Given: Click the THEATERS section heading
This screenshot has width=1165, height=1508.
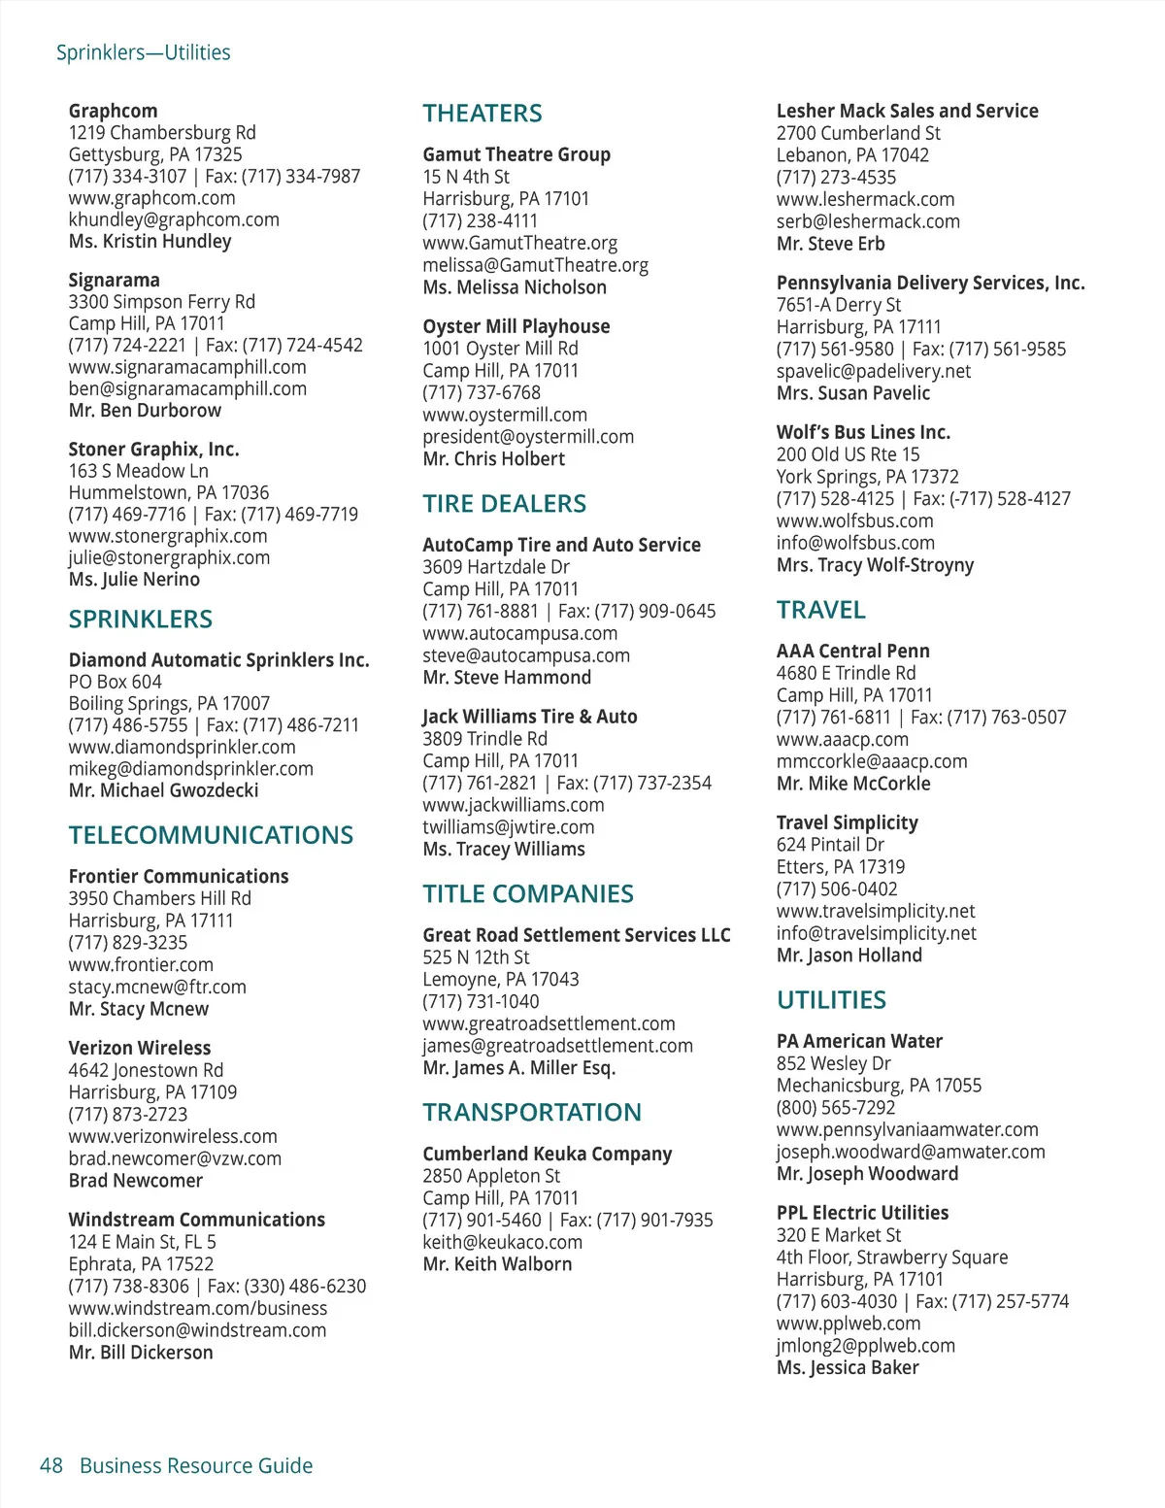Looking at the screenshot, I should click(483, 114).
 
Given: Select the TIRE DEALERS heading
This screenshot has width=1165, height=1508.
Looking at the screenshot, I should click(504, 504).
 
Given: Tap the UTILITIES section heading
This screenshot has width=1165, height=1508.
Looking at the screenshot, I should click(831, 1000).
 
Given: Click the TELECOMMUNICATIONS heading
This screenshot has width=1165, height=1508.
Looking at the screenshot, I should click(211, 835).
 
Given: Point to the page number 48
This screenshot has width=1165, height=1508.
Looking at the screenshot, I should click(51, 1465).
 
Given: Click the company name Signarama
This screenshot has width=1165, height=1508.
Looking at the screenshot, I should click(114, 280).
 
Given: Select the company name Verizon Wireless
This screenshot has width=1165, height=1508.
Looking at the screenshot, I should click(139, 1048).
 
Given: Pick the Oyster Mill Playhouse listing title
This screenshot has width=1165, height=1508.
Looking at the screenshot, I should click(516, 326).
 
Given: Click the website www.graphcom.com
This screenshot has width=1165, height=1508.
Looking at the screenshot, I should click(151, 198).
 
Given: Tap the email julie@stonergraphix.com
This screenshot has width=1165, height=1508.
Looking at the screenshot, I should click(169, 557).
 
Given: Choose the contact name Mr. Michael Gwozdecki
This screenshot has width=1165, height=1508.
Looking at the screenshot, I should click(163, 790).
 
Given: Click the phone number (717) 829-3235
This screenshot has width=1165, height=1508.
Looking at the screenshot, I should click(127, 942).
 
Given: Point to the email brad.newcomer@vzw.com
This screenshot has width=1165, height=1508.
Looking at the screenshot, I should click(175, 1158).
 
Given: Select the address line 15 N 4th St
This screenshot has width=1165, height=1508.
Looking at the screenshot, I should click(465, 177).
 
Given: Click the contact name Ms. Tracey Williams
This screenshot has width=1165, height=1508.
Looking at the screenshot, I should click(503, 849).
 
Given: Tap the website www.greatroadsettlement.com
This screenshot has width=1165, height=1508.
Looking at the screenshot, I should click(549, 1023).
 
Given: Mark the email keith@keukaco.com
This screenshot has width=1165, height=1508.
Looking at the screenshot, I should click(502, 1242).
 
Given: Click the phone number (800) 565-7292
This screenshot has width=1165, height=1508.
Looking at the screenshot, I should click(835, 1107).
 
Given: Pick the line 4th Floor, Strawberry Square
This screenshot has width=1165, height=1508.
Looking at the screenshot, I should click(891, 1257).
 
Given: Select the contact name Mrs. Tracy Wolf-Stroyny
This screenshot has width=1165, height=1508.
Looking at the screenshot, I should click(874, 565).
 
